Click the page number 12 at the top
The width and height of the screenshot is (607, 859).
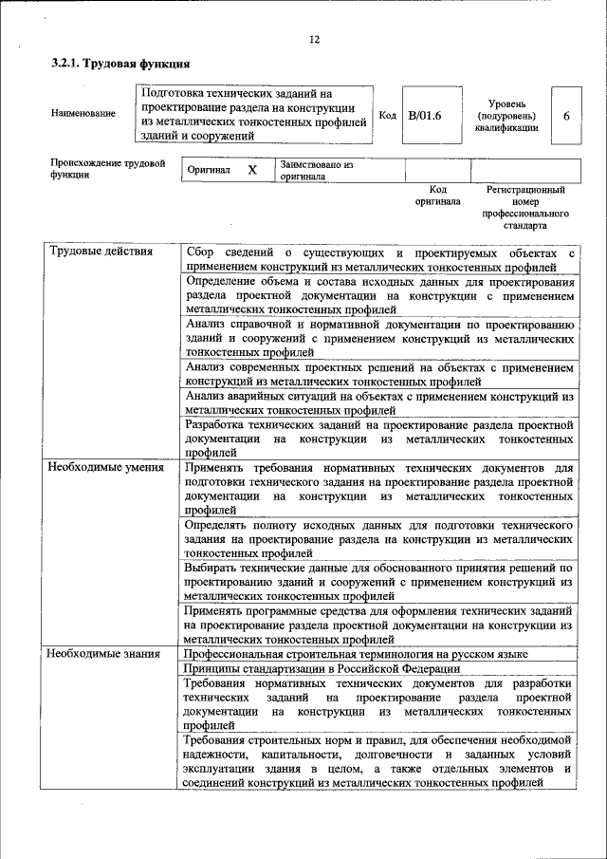pyautogui.click(x=314, y=39)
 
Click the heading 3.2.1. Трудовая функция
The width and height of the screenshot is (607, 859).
pyautogui.click(x=120, y=65)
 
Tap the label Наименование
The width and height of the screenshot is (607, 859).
pyautogui.click(x=83, y=114)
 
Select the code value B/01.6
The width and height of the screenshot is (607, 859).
pyautogui.click(x=425, y=115)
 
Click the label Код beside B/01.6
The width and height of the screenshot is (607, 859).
pyautogui.click(x=387, y=115)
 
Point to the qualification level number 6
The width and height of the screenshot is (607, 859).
pyautogui.click(x=565, y=115)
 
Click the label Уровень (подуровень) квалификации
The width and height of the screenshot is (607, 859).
pyautogui.click(x=507, y=114)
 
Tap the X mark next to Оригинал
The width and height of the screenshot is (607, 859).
pyautogui.click(x=251, y=170)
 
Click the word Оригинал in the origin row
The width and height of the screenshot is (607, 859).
pyautogui.click(x=209, y=170)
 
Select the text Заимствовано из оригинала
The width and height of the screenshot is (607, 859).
pyautogui.click(x=316, y=170)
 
